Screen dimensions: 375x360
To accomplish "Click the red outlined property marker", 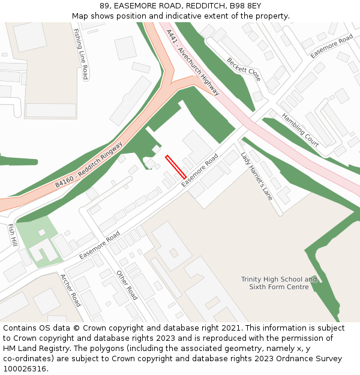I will (176, 167).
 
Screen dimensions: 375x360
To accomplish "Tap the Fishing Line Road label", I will (80, 54).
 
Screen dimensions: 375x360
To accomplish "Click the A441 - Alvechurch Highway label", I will (193, 62).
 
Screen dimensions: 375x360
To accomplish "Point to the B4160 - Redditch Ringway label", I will (89, 164).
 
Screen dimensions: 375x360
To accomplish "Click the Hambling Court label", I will (300, 130).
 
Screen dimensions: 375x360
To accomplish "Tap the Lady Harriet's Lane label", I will (257, 176).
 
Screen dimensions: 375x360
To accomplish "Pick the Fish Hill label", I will (12, 235).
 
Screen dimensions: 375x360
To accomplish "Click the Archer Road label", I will (70, 290).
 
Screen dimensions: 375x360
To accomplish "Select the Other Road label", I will (127, 285).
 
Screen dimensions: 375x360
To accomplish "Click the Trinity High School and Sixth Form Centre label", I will (279, 283).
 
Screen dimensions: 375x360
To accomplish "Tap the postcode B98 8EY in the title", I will (247, 6).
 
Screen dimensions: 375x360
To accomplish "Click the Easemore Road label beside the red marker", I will (200, 169).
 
